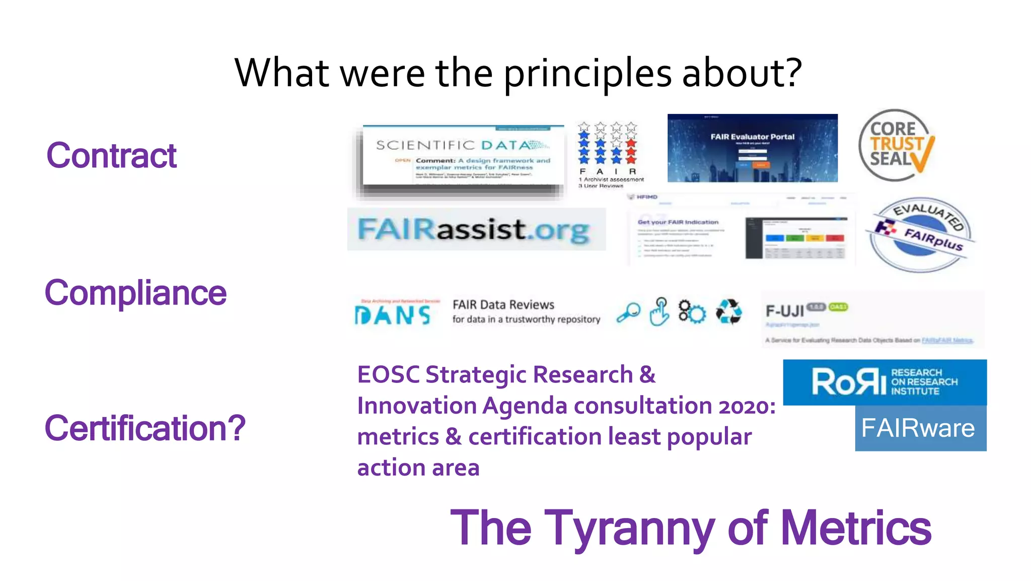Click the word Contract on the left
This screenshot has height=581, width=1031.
pos(111,156)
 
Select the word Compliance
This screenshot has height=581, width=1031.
pos(135,293)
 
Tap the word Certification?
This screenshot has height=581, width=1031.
pos(145,428)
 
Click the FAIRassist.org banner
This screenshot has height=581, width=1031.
pos(476,230)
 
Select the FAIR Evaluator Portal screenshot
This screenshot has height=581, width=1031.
pos(752,148)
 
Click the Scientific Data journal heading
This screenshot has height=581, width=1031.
pos(462,145)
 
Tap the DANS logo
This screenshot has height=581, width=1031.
pos(393,315)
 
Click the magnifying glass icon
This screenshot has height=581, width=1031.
pos(628,312)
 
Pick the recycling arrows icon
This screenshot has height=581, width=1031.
pos(728,312)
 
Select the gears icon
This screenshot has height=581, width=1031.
pos(692,312)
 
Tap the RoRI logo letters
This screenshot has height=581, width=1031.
pos(849,382)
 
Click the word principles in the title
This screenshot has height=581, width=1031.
pos(587,74)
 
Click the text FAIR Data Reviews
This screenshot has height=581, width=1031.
pos(503,305)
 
